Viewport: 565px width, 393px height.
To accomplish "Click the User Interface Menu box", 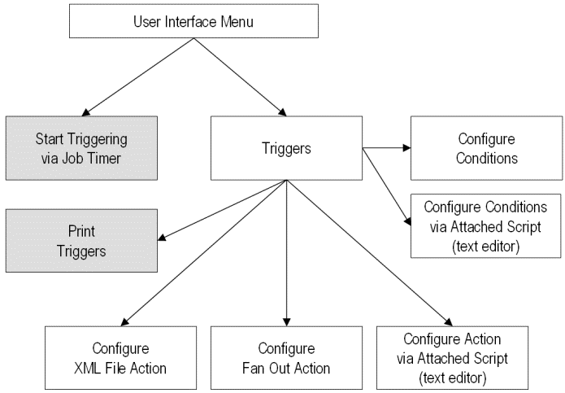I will [x=193, y=21].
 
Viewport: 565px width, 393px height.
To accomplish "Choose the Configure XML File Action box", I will [x=120, y=359].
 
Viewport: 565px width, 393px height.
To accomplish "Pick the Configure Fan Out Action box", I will [x=288, y=359].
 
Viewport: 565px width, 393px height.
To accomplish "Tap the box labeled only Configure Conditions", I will [x=486, y=147].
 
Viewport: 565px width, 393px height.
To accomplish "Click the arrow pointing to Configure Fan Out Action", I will [x=286, y=252].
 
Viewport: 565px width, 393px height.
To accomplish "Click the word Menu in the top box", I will [x=237, y=21].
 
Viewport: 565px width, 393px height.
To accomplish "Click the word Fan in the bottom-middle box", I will [x=259, y=369].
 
